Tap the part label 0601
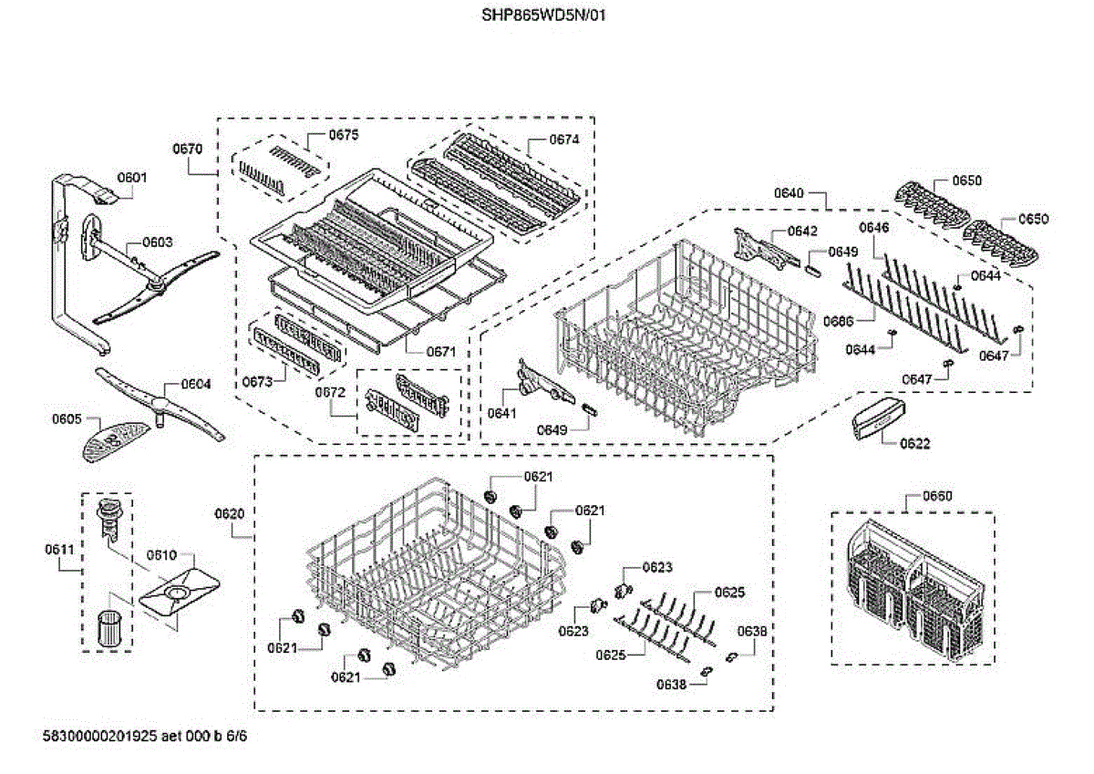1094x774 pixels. (x=131, y=178)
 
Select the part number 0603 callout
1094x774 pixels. (x=157, y=243)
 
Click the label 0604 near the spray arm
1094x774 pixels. (x=195, y=384)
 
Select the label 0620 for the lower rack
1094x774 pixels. (x=230, y=513)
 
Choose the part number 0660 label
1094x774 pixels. (x=937, y=496)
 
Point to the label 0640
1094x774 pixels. (x=790, y=193)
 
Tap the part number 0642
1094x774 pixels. (x=802, y=231)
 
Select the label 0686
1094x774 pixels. (x=838, y=321)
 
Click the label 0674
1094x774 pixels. (x=563, y=139)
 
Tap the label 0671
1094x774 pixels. (x=441, y=351)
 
